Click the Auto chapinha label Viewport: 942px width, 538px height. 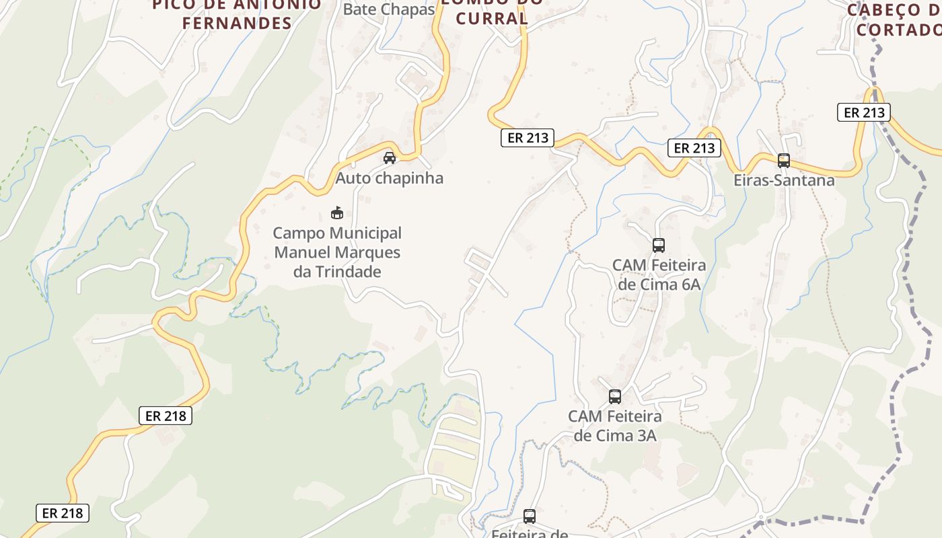[x=390, y=178]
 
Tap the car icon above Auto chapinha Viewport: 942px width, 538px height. [x=389, y=158]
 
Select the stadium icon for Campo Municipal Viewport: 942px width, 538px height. [x=337, y=213]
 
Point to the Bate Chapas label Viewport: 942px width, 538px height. [x=389, y=9]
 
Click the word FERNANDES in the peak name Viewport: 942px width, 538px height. [x=238, y=23]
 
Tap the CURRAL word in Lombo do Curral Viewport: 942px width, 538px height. [x=491, y=19]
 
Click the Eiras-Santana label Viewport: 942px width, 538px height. [x=784, y=180]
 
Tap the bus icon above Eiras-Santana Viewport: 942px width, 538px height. [x=784, y=160]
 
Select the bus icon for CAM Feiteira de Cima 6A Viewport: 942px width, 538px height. [x=659, y=245]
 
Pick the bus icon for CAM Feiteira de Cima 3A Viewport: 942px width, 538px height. [x=615, y=397]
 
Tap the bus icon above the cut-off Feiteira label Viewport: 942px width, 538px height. [x=530, y=516]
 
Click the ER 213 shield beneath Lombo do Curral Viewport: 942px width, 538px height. [x=527, y=138]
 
